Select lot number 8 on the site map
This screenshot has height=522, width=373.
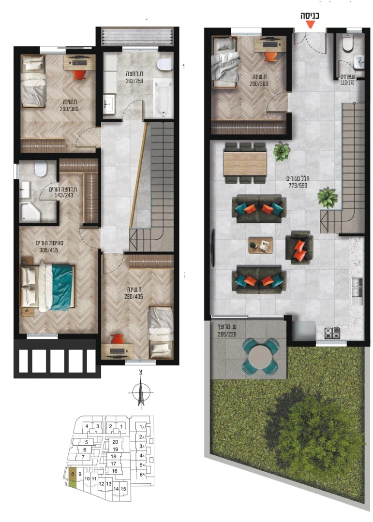click(73, 473)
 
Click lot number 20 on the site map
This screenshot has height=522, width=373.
click(115, 442)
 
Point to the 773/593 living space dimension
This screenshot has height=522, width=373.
click(298, 186)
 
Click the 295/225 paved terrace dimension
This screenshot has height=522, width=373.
click(227, 334)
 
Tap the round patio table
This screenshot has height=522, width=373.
click(260, 357)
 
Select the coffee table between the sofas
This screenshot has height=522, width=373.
click(260, 246)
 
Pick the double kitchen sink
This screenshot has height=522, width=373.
click(357, 288)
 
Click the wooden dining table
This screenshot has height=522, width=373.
click(245, 163)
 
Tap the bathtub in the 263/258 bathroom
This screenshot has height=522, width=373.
click(163, 98)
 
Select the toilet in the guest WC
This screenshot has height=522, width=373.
click(347, 43)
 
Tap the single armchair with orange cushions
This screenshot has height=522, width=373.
click(299, 247)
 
